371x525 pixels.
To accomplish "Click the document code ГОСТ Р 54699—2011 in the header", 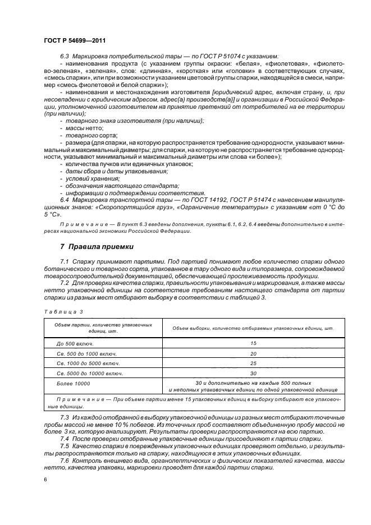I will click(x=75, y=40).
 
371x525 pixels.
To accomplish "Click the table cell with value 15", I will click(x=253, y=343).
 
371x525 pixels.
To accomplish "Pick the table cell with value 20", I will click(x=253, y=353).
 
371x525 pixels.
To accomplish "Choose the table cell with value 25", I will click(x=253, y=363).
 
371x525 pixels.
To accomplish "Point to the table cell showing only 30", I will click(x=253, y=373).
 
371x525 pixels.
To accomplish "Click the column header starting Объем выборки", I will click(x=253, y=328).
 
